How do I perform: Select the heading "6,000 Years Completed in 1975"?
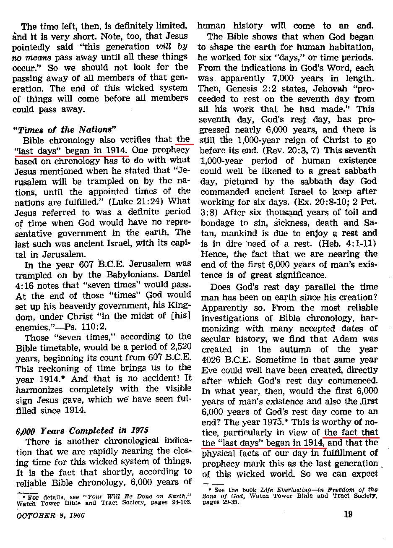click(x=81, y=431)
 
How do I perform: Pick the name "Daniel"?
click(x=180, y=274)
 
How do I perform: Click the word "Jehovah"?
click(x=316, y=89)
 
